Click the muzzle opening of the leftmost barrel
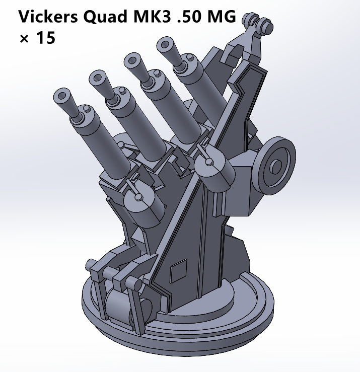(62, 94)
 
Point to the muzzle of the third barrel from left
(132, 60)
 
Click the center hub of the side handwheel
(276, 166)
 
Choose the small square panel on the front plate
(178, 272)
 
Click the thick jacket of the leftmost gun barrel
(103, 146)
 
